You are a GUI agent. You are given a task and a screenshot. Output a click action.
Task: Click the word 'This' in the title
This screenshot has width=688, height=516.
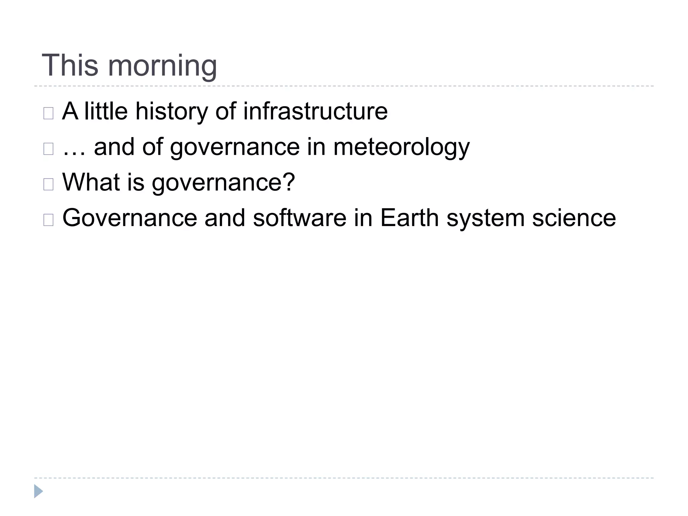point(70,65)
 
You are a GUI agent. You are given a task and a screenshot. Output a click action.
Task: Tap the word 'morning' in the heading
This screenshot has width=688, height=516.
point(162,67)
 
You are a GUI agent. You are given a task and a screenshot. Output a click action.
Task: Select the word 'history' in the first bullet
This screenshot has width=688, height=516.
point(171,112)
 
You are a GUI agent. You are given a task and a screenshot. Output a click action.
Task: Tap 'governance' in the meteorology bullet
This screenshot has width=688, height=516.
point(235,148)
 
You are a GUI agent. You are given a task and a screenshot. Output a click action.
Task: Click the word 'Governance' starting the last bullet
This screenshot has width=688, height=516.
point(130,218)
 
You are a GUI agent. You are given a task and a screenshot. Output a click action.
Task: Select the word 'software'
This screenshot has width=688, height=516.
point(299,218)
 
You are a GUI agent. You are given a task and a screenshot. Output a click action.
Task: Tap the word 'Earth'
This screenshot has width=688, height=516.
point(409,218)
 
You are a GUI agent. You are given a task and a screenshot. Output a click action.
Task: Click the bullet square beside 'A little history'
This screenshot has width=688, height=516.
point(48,114)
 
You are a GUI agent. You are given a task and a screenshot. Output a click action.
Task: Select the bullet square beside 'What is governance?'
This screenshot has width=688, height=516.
point(48,184)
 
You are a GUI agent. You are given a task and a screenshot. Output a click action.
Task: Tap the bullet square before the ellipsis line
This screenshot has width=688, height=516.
point(48,149)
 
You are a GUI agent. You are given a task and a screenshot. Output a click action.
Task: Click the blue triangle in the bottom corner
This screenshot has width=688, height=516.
point(38,491)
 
